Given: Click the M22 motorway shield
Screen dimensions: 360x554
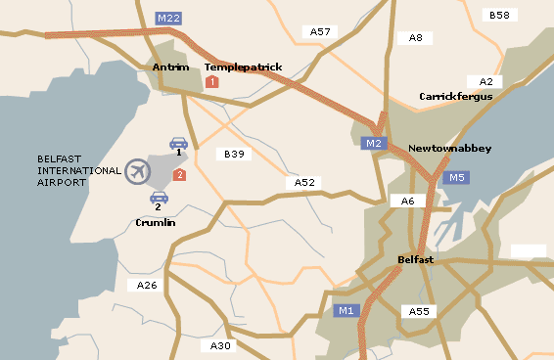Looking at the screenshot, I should coord(168,18).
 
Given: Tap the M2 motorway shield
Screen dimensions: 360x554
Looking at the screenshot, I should coord(372,144).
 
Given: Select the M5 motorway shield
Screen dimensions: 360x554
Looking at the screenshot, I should coord(455,178).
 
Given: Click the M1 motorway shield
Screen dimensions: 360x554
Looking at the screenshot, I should coord(346,311).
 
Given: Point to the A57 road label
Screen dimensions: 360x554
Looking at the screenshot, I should coord(321,32).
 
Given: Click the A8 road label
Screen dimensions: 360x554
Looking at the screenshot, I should coord(416,38).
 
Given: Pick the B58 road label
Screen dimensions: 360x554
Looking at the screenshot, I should coord(499,16).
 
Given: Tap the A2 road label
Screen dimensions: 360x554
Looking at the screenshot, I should coord(486,81).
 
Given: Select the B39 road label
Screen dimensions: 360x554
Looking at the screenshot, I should coord(234,155).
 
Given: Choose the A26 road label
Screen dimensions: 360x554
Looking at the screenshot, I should coord(147,285).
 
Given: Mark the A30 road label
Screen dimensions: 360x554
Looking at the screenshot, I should coord(221,345).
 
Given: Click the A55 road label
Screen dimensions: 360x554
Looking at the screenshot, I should coord(420,311).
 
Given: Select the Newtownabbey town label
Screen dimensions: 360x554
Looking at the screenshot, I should coord(449,149).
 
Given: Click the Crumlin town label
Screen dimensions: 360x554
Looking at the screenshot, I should coord(156,223).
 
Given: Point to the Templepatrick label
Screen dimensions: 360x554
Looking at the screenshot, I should coord(243,67).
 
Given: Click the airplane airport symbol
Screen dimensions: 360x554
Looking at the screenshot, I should coord(139,171).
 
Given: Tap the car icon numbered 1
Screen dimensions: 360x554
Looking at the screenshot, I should coord(178,143).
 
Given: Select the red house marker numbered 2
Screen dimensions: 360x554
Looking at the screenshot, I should coord(179,174).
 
